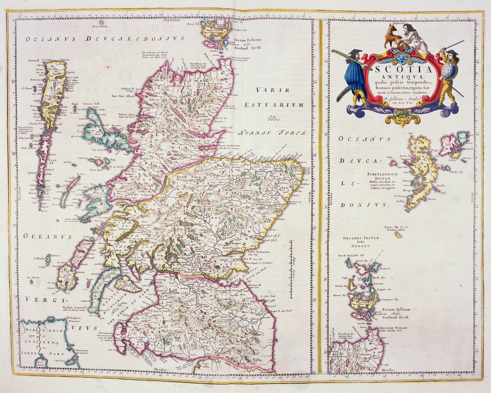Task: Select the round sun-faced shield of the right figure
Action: point(451,73)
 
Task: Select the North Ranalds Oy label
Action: point(349,256)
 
